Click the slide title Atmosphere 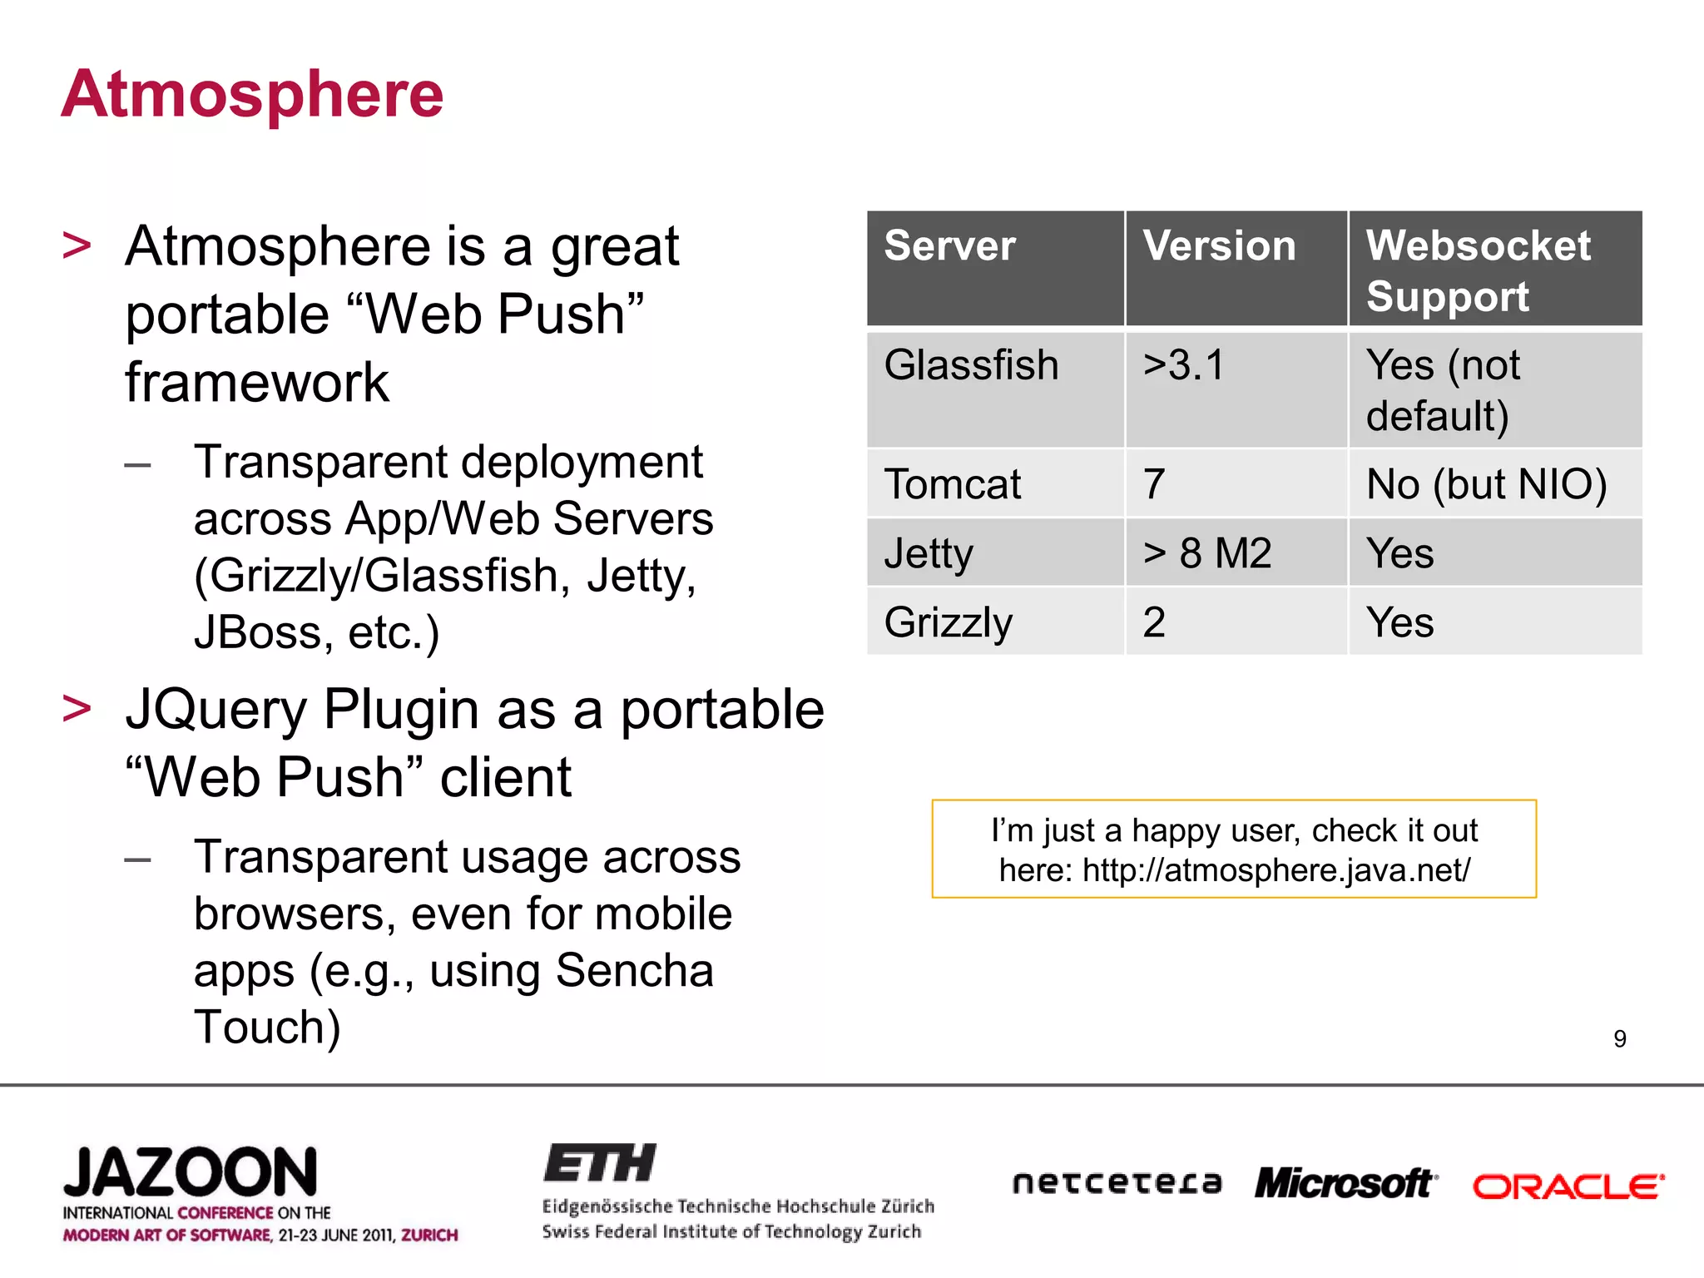(252, 95)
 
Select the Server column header (949, 246)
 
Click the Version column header (1219, 246)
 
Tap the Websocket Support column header (1478, 270)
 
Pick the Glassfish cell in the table (971, 366)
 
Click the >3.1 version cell (1184, 366)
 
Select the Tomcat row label (952, 484)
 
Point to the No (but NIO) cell (1486, 484)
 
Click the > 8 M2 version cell (1207, 553)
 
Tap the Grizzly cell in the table (949, 622)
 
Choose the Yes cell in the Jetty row (1400, 553)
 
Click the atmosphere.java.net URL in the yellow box (1276, 870)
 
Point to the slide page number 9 (1619, 1038)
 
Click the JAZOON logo (191, 1173)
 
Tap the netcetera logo (1117, 1183)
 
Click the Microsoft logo (1345, 1183)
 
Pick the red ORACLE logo (1568, 1186)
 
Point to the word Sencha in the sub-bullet (635, 971)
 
